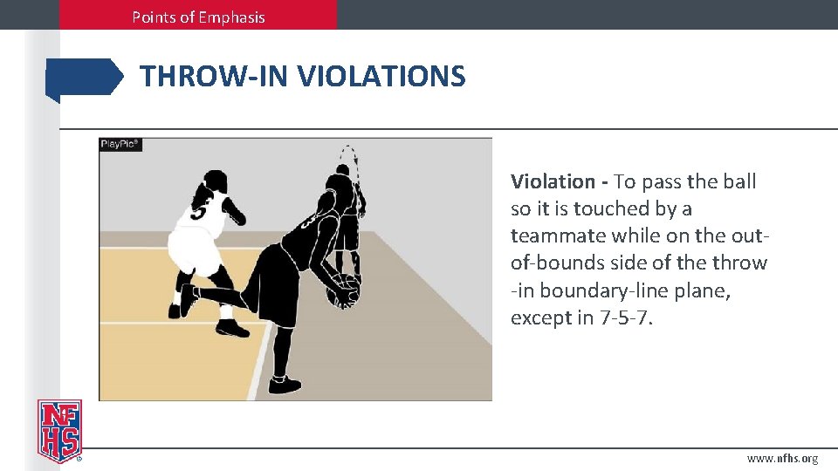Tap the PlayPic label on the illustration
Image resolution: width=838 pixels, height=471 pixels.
(120, 144)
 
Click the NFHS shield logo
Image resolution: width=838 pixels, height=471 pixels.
(59, 431)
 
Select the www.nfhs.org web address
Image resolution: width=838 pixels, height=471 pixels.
(782, 458)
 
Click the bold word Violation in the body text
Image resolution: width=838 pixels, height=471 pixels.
(553, 181)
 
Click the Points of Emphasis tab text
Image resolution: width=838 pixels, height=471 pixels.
(198, 17)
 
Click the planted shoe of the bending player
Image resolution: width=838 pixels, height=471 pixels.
(284, 385)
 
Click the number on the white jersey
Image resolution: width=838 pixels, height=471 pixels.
(200, 212)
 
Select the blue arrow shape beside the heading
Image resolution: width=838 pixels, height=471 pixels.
(84, 78)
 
